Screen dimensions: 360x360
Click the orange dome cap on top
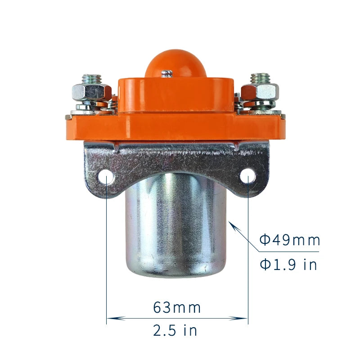[175, 63]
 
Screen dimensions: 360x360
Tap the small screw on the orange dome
[166, 73]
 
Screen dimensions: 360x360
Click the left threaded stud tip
[92, 79]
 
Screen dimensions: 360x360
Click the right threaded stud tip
[260, 78]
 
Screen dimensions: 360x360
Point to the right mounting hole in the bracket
[248, 176]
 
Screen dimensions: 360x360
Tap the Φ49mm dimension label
[289, 240]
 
